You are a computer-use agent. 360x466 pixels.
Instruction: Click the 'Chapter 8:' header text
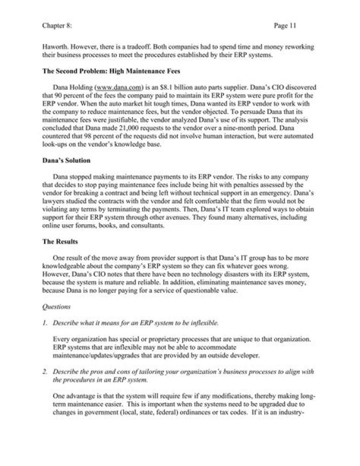pos(56,24)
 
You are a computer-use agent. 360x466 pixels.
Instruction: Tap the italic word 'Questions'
pos(57,304)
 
